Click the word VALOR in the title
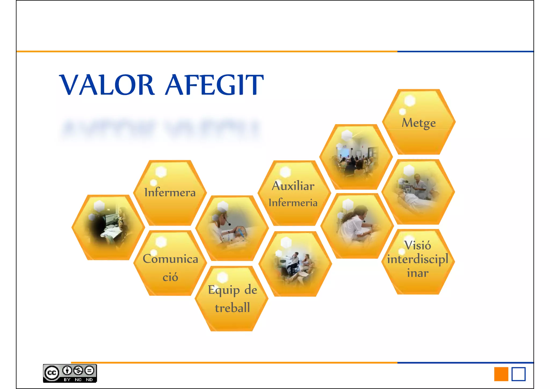click(x=107, y=85)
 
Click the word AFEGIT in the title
click(x=214, y=85)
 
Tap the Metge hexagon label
click(x=418, y=123)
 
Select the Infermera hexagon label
click(x=170, y=192)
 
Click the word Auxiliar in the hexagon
click(x=293, y=186)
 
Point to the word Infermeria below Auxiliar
click(x=293, y=203)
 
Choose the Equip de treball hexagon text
click(x=232, y=298)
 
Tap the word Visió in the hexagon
click(x=418, y=245)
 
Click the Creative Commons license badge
click(x=70, y=373)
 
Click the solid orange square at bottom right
click(x=501, y=374)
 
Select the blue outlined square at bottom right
click(x=518, y=374)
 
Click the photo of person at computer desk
click(x=108, y=227)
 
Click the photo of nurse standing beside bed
click(x=418, y=191)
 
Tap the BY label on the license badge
click(x=67, y=380)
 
